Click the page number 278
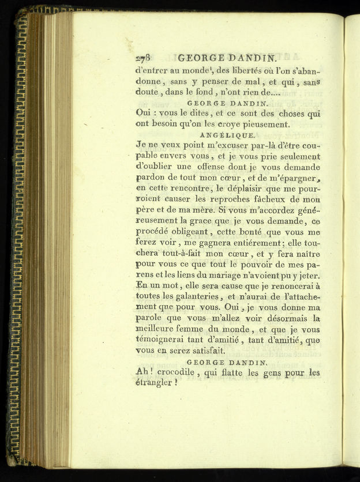point(142,58)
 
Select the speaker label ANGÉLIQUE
point(228,135)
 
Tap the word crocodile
point(178,372)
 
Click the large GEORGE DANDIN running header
point(228,58)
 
